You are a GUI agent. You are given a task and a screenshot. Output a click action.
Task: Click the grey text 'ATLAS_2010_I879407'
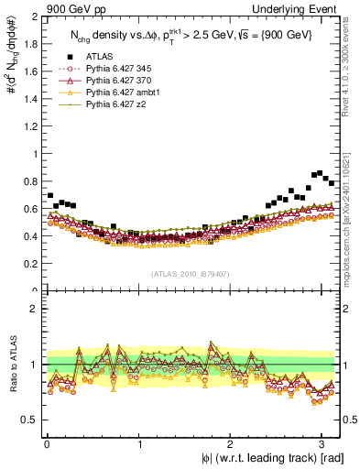click(x=191, y=274)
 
